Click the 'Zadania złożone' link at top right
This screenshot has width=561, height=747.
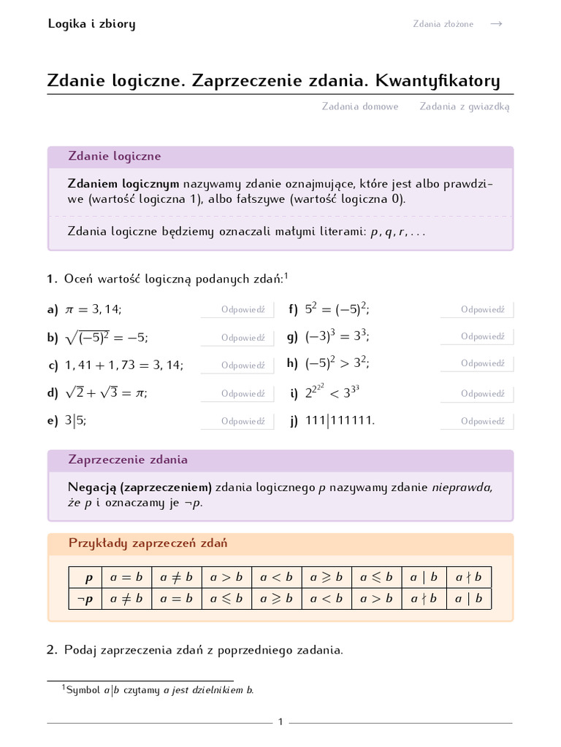click(x=443, y=24)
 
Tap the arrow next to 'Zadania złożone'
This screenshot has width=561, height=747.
click(x=496, y=24)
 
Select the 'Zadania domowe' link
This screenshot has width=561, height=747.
click(x=360, y=107)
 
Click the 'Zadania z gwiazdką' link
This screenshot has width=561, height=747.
click(x=465, y=107)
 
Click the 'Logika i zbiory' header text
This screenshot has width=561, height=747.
click(x=91, y=24)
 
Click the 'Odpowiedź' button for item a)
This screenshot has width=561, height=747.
click(x=243, y=310)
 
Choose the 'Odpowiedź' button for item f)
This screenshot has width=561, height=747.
click(x=482, y=310)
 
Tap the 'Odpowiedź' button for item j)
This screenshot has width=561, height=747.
click(x=482, y=422)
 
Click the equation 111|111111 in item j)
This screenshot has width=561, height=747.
click(x=340, y=422)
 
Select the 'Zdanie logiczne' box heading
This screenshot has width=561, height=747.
click(x=115, y=157)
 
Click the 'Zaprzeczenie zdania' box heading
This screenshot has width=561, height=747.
click(x=128, y=460)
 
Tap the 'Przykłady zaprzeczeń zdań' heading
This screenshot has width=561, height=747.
click(x=148, y=543)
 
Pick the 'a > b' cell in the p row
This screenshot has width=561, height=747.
click(x=226, y=578)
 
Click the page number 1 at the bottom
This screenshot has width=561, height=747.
click(x=280, y=722)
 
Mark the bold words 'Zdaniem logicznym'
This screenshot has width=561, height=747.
click(x=123, y=184)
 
